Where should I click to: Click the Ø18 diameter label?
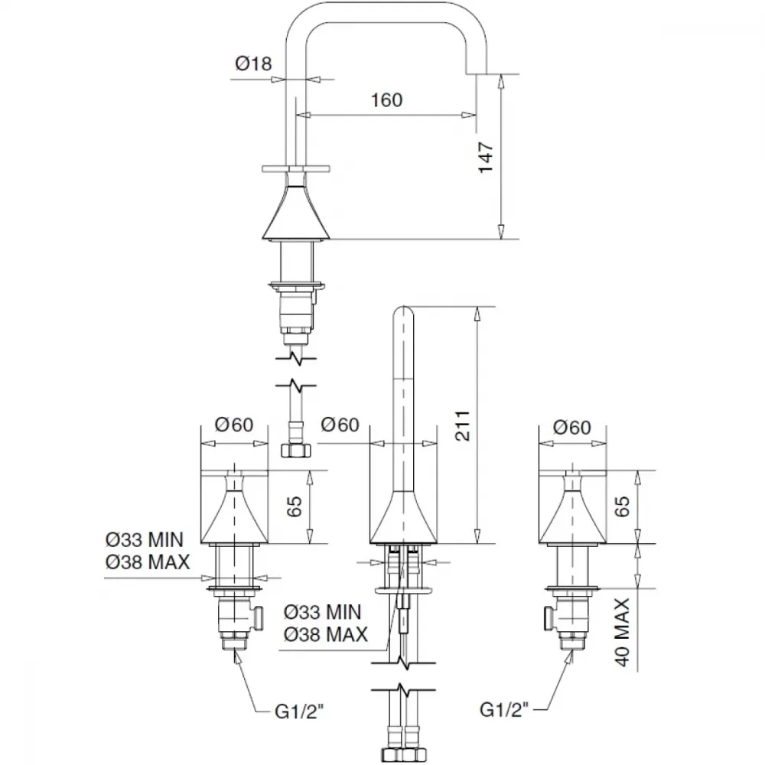pyautogui.click(x=253, y=63)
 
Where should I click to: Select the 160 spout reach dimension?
pyautogui.click(x=387, y=100)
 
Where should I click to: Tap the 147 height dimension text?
pyautogui.click(x=486, y=157)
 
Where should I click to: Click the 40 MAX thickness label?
pyautogui.click(x=622, y=633)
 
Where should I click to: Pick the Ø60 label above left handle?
pyautogui.click(x=234, y=425)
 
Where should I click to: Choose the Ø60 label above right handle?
pyautogui.click(x=572, y=428)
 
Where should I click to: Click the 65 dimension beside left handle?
pyautogui.click(x=295, y=506)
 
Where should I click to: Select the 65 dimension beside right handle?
pyautogui.click(x=622, y=506)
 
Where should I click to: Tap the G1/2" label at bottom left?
pyautogui.click(x=299, y=711)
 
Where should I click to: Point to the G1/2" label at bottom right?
pyautogui.click(x=504, y=709)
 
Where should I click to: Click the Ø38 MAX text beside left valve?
pyautogui.click(x=148, y=562)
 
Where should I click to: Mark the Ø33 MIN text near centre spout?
pyautogui.click(x=323, y=612)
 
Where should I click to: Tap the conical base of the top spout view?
pyautogui.click(x=296, y=213)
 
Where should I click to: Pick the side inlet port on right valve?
pyautogui.click(x=549, y=617)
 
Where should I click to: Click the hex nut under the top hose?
pyautogui.click(x=296, y=450)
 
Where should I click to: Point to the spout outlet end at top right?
pyautogui.click(x=477, y=73)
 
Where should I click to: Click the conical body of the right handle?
pyautogui.click(x=572, y=517)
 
